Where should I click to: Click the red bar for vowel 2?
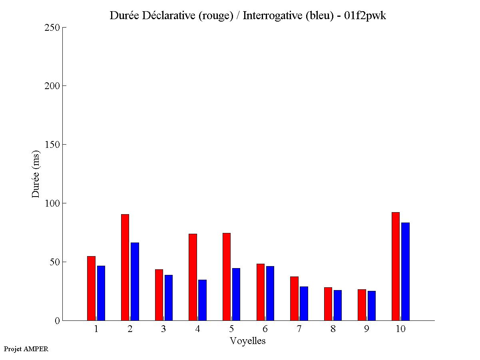tap(125, 267)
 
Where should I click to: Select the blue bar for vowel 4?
tap(202, 300)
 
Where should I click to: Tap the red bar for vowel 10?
tap(396, 266)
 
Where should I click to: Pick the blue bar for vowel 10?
tap(405, 271)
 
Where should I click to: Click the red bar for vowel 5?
tap(227, 276)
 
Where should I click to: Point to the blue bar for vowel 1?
tap(101, 293)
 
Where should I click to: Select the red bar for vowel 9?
tap(362, 305)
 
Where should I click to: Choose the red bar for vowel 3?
tap(159, 295)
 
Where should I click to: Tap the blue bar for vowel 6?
tap(270, 293)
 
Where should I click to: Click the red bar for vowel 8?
tap(328, 304)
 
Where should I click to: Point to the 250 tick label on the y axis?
tap(53, 28)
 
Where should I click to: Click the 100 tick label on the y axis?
tap(53, 203)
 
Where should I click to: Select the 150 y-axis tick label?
tap(53, 145)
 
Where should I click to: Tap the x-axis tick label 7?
tap(299, 329)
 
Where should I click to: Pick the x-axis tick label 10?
tap(400, 329)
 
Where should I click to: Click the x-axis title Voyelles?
tap(248, 341)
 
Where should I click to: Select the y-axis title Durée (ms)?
tap(36, 174)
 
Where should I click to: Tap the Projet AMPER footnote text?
tap(26, 349)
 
